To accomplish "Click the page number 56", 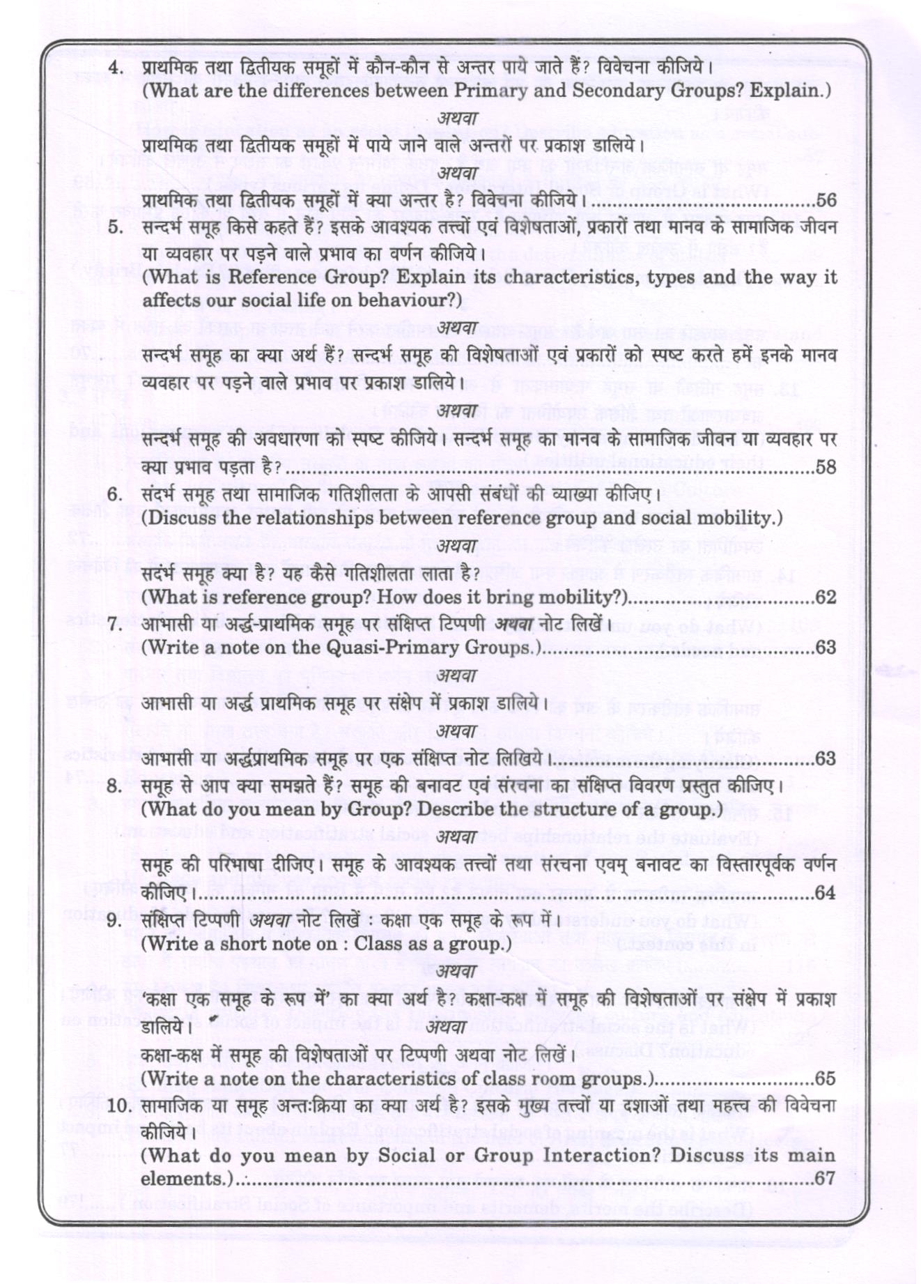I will pos(826,201).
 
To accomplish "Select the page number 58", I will pos(826,467).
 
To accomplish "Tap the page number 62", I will pos(826,597).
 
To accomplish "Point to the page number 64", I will pos(826,892).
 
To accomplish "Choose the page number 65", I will pos(826,1079).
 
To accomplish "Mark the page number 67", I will pos(826,1179).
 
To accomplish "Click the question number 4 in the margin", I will pos(116,68).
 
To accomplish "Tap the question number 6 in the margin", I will pos(116,495).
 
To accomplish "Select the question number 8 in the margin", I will pos(116,786).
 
